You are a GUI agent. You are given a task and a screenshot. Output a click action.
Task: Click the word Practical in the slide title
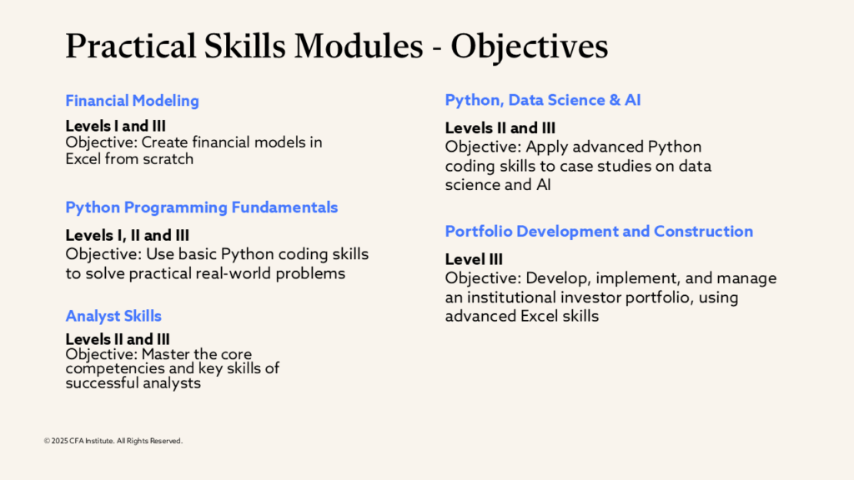[131, 46]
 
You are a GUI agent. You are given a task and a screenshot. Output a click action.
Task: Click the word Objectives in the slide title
[530, 47]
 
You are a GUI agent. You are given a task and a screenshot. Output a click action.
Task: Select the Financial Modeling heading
[133, 101]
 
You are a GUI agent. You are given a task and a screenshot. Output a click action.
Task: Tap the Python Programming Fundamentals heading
[202, 207]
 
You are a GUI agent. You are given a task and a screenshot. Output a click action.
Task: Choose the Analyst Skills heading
[113, 316]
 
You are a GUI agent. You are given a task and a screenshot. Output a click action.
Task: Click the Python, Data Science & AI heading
[542, 100]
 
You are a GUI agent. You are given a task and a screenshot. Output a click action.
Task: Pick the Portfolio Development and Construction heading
[599, 232]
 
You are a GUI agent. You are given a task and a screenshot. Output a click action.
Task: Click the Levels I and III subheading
[115, 127]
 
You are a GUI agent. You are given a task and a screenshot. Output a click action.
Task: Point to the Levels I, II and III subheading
[128, 235]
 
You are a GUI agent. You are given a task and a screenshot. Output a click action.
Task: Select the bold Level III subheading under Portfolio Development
[474, 259]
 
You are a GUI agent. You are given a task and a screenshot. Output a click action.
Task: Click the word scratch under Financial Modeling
[168, 159]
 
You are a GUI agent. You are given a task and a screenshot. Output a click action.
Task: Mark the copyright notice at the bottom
[113, 441]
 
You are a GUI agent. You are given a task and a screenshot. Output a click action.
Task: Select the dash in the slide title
[437, 49]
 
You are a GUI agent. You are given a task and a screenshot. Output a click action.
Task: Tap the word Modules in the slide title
[359, 46]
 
